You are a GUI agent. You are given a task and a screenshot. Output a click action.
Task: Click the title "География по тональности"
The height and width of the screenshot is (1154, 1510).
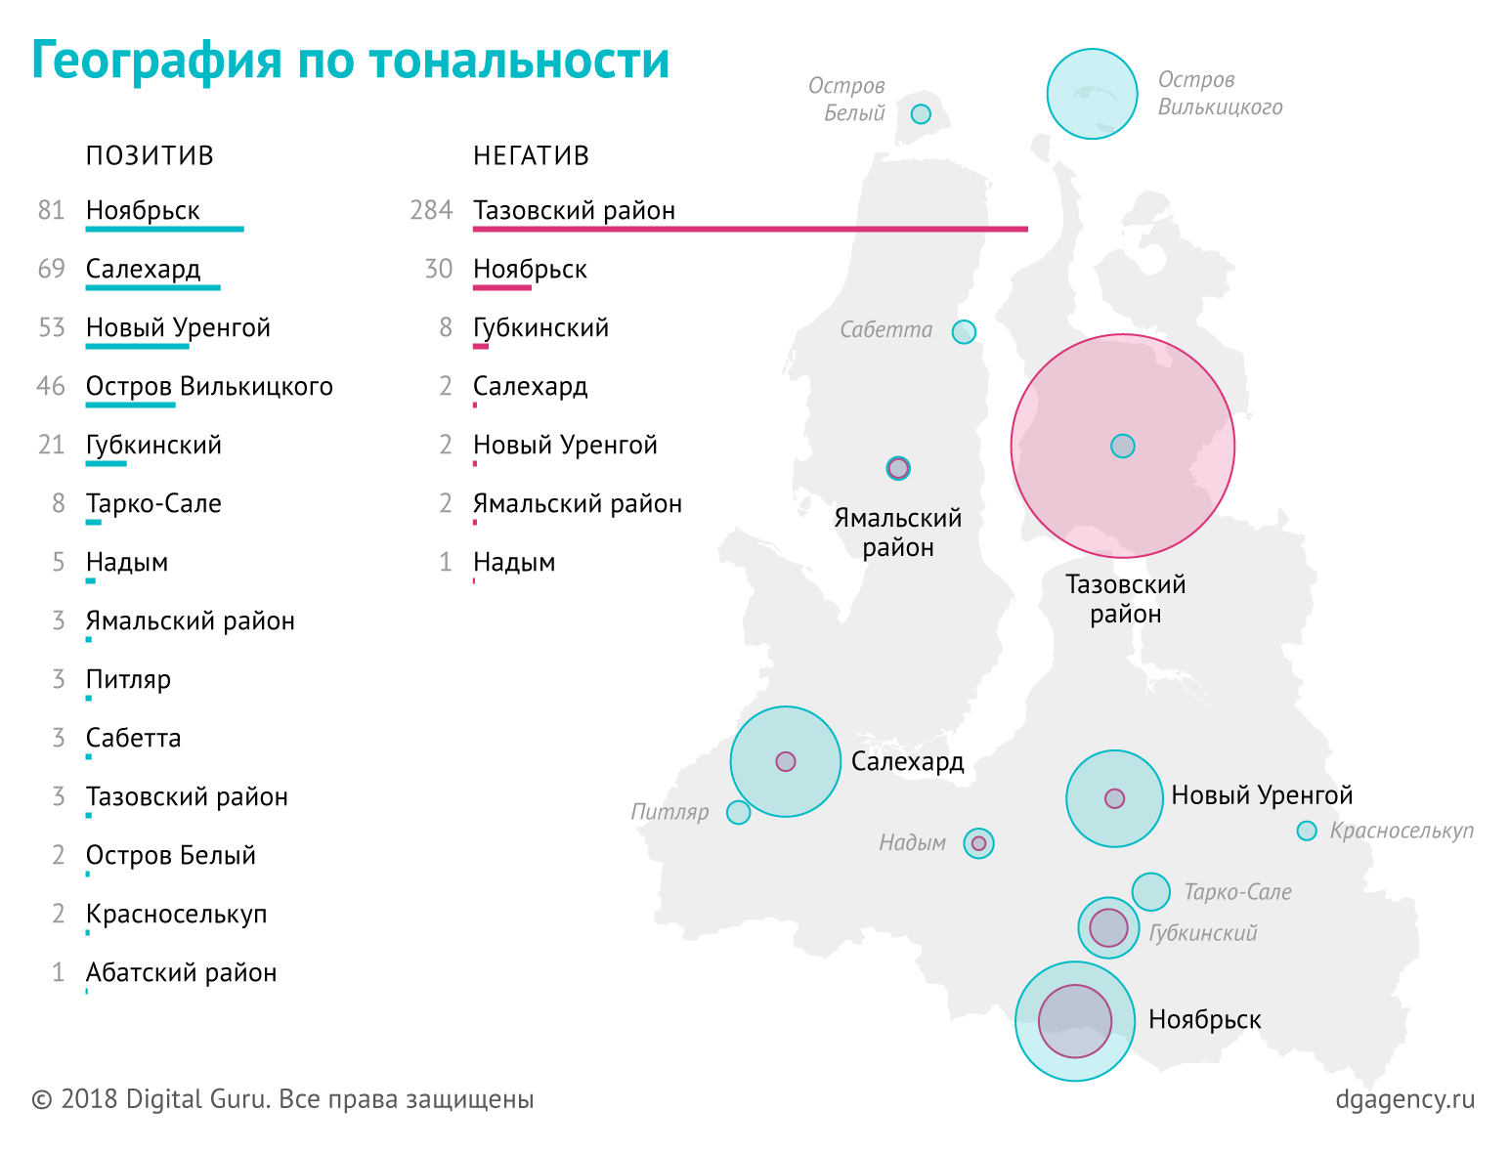tap(350, 61)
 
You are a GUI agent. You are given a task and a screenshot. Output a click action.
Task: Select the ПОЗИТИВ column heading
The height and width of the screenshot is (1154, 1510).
tap(150, 156)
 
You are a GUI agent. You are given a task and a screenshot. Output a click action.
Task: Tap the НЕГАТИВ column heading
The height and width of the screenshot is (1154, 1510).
tap(531, 156)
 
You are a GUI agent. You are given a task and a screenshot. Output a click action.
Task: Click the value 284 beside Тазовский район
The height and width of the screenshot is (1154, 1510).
tap(431, 210)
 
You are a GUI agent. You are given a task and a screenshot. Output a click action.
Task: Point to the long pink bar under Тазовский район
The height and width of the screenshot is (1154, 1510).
tap(750, 229)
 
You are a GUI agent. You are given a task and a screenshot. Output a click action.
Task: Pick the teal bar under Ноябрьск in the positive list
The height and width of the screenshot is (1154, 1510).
tap(164, 229)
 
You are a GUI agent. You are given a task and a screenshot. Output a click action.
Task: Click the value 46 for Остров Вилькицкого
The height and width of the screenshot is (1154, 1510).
tap(51, 386)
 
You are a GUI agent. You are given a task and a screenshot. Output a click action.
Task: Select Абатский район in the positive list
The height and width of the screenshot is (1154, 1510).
tap(181, 972)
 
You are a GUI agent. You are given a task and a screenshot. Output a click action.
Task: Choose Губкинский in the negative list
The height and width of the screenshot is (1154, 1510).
tap(540, 327)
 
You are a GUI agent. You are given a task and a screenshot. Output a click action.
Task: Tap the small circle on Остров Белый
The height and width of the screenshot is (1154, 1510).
tap(921, 114)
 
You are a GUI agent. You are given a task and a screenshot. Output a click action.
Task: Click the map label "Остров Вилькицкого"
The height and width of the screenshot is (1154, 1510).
tap(1220, 93)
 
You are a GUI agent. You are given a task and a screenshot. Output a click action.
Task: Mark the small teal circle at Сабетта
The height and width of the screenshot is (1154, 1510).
tap(964, 332)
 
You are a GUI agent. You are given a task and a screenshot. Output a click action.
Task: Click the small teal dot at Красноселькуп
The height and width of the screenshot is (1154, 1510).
tap(1307, 831)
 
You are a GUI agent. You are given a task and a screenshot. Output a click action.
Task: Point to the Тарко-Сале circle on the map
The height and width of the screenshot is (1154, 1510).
tap(1151, 891)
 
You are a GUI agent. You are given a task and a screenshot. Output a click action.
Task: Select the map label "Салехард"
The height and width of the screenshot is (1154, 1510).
tap(907, 761)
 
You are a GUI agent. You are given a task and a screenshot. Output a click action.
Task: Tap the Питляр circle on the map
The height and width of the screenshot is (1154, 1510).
tap(739, 812)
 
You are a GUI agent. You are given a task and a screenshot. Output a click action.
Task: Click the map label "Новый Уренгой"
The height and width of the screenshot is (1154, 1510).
tap(1262, 795)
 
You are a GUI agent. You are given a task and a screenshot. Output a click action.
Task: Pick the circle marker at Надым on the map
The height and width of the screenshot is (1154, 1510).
tap(978, 842)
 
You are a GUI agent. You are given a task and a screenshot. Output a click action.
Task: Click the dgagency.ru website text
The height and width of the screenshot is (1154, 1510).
tap(1404, 1099)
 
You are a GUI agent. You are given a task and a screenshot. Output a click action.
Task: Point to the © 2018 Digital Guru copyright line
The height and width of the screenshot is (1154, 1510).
tap(283, 1099)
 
